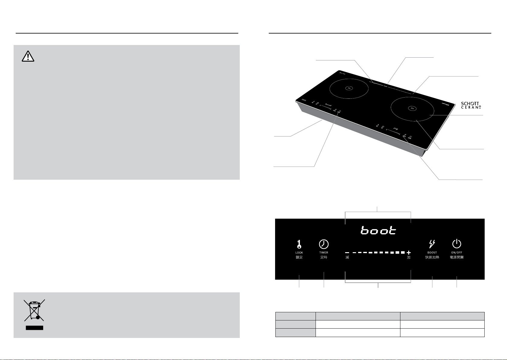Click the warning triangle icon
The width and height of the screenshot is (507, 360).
pyautogui.click(x=28, y=56)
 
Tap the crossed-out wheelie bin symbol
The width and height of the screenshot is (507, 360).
pyautogui.click(x=34, y=310)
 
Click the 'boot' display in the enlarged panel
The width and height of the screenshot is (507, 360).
pyautogui.click(x=378, y=231)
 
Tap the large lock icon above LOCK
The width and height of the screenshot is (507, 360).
pyautogui.click(x=299, y=244)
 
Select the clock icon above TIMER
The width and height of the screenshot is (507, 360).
pyautogui.click(x=324, y=244)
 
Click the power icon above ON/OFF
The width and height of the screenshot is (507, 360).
pyautogui.click(x=457, y=244)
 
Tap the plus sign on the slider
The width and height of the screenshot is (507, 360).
pyautogui.click(x=409, y=252)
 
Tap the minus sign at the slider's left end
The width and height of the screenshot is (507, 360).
pyautogui.click(x=347, y=252)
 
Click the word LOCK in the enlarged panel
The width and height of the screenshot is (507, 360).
pyautogui.click(x=299, y=252)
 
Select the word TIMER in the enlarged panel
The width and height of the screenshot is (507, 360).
pyautogui.click(x=324, y=252)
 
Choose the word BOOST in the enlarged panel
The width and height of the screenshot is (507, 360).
pyautogui.click(x=432, y=252)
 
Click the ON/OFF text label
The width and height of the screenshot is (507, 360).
pyautogui.click(x=457, y=252)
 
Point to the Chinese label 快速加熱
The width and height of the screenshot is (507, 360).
pyautogui.click(x=432, y=258)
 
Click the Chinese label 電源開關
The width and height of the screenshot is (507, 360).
pyautogui.click(x=457, y=258)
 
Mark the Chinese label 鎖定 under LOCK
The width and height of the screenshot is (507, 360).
pyautogui.click(x=299, y=258)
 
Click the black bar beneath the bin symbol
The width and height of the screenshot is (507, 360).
pyautogui.click(x=34, y=328)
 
